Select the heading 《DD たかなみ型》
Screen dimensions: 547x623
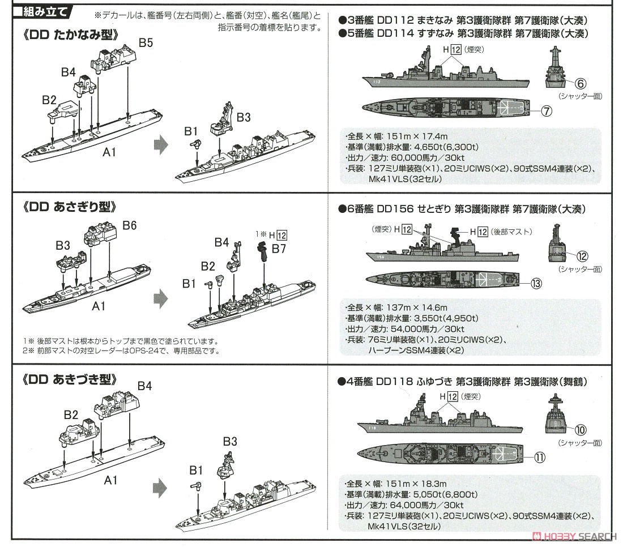click(x=71, y=35)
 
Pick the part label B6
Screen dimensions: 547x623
click(x=130, y=225)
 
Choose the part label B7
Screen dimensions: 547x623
click(x=279, y=249)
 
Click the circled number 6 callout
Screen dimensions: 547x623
click(x=579, y=83)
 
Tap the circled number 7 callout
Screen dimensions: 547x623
click(x=546, y=111)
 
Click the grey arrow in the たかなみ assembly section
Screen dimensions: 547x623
click(x=161, y=146)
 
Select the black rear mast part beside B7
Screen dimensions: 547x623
click(x=263, y=251)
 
